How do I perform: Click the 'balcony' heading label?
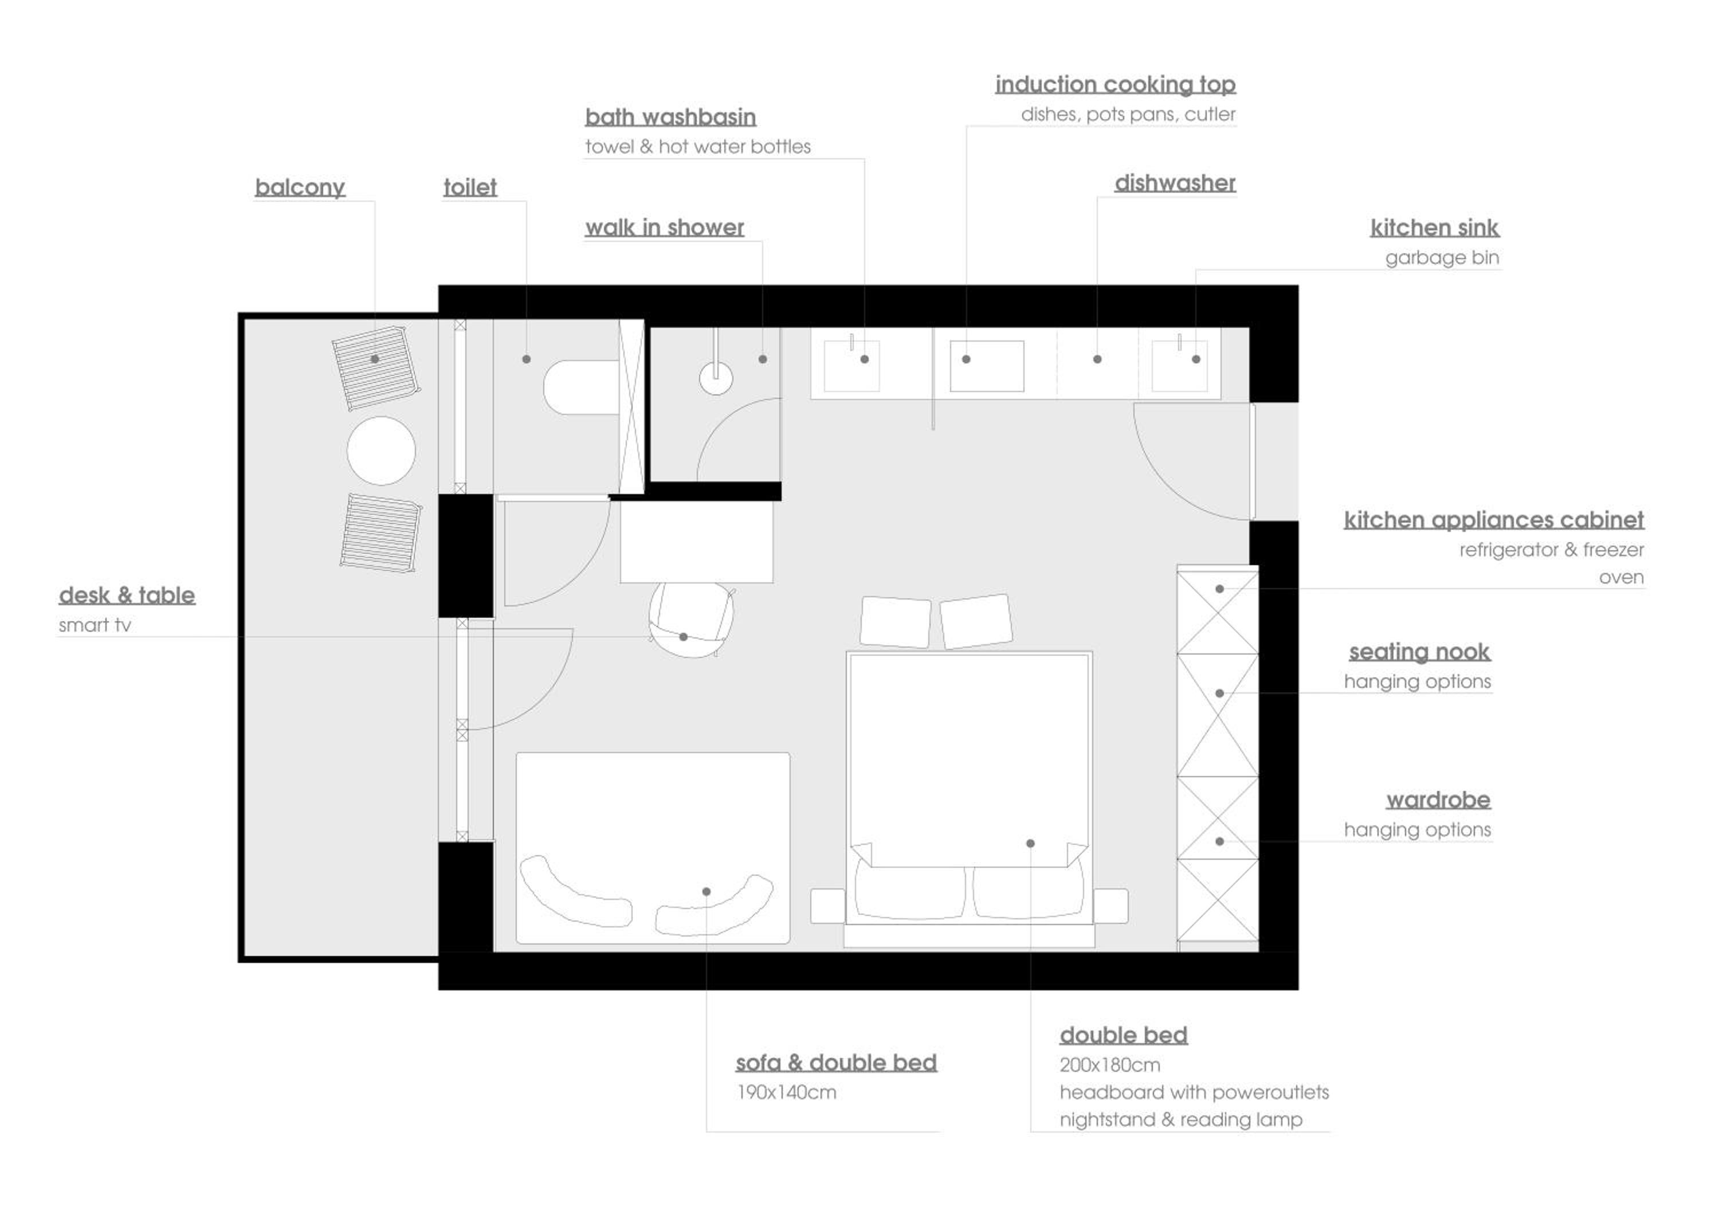click(x=300, y=187)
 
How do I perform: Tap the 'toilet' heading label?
click(x=470, y=187)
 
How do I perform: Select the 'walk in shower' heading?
click(x=664, y=227)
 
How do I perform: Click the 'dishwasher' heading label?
click(x=1175, y=182)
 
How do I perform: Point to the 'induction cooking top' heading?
click(x=1116, y=84)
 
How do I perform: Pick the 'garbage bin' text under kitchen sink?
click(x=1442, y=257)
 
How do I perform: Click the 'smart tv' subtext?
click(x=95, y=625)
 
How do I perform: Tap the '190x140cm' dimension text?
click(x=786, y=1092)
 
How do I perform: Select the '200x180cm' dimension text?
click(x=1109, y=1065)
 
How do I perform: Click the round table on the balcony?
click(x=381, y=451)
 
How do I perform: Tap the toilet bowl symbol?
click(x=581, y=387)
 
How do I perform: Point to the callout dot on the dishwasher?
click(x=1097, y=359)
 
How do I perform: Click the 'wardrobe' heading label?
click(x=1438, y=800)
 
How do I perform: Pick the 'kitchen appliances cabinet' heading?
click(x=1493, y=519)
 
